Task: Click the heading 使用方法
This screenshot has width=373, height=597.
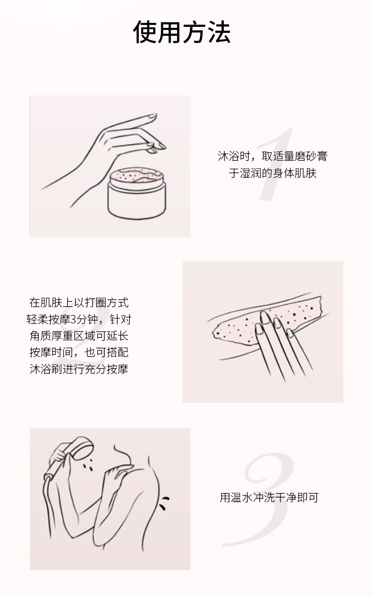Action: tap(182, 32)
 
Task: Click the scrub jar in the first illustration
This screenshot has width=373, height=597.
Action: tap(137, 193)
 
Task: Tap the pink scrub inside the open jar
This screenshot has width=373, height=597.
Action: tap(136, 175)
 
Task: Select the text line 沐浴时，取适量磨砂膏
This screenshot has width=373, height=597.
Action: tap(273, 156)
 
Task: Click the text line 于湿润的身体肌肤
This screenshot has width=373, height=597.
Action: tap(273, 173)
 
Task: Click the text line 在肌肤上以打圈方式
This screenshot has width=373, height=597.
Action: tap(79, 303)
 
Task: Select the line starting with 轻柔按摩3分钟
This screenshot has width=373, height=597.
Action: tap(79, 319)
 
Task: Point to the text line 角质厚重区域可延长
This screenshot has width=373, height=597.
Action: tap(79, 336)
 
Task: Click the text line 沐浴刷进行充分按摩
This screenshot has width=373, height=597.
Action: tap(79, 369)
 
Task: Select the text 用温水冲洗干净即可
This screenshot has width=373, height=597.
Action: tap(269, 497)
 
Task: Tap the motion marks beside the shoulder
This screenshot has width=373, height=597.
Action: tap(164, 503)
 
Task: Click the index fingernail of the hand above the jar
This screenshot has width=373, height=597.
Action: tap(152, 116)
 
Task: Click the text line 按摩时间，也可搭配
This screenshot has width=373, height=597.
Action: tap(79, 353)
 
